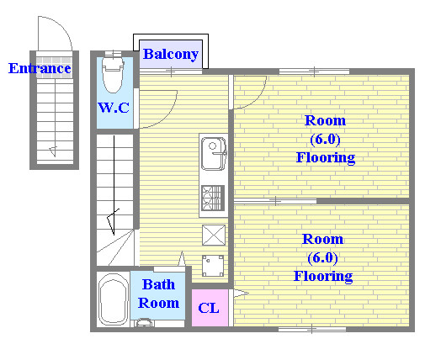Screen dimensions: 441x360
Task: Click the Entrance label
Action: coord(40,68)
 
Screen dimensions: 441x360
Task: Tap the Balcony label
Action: coord(171,54)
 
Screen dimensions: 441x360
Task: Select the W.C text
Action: coord(114,108)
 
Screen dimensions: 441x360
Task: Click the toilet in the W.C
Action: coord(113,75)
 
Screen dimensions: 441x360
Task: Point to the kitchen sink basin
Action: coord(214,154)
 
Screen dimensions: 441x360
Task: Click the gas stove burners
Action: coord(213,199)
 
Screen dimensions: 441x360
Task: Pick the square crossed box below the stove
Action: coord(214,235)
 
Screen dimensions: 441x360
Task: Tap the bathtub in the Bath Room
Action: coord(113,299)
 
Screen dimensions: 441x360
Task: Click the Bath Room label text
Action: coord(158,294)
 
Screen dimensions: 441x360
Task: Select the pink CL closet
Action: coord(210,308)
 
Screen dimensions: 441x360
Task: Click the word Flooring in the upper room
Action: coord(326,157)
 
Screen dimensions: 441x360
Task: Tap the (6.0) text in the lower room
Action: coord(322,257)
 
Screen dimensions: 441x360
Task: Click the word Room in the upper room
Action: coord(325,120)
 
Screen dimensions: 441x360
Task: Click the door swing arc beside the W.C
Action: coord(168,115)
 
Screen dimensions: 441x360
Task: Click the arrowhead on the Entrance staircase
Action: coord(53,151)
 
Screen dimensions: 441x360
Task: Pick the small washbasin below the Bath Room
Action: coord(144,323)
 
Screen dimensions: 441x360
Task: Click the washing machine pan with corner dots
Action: coord(213,266)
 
